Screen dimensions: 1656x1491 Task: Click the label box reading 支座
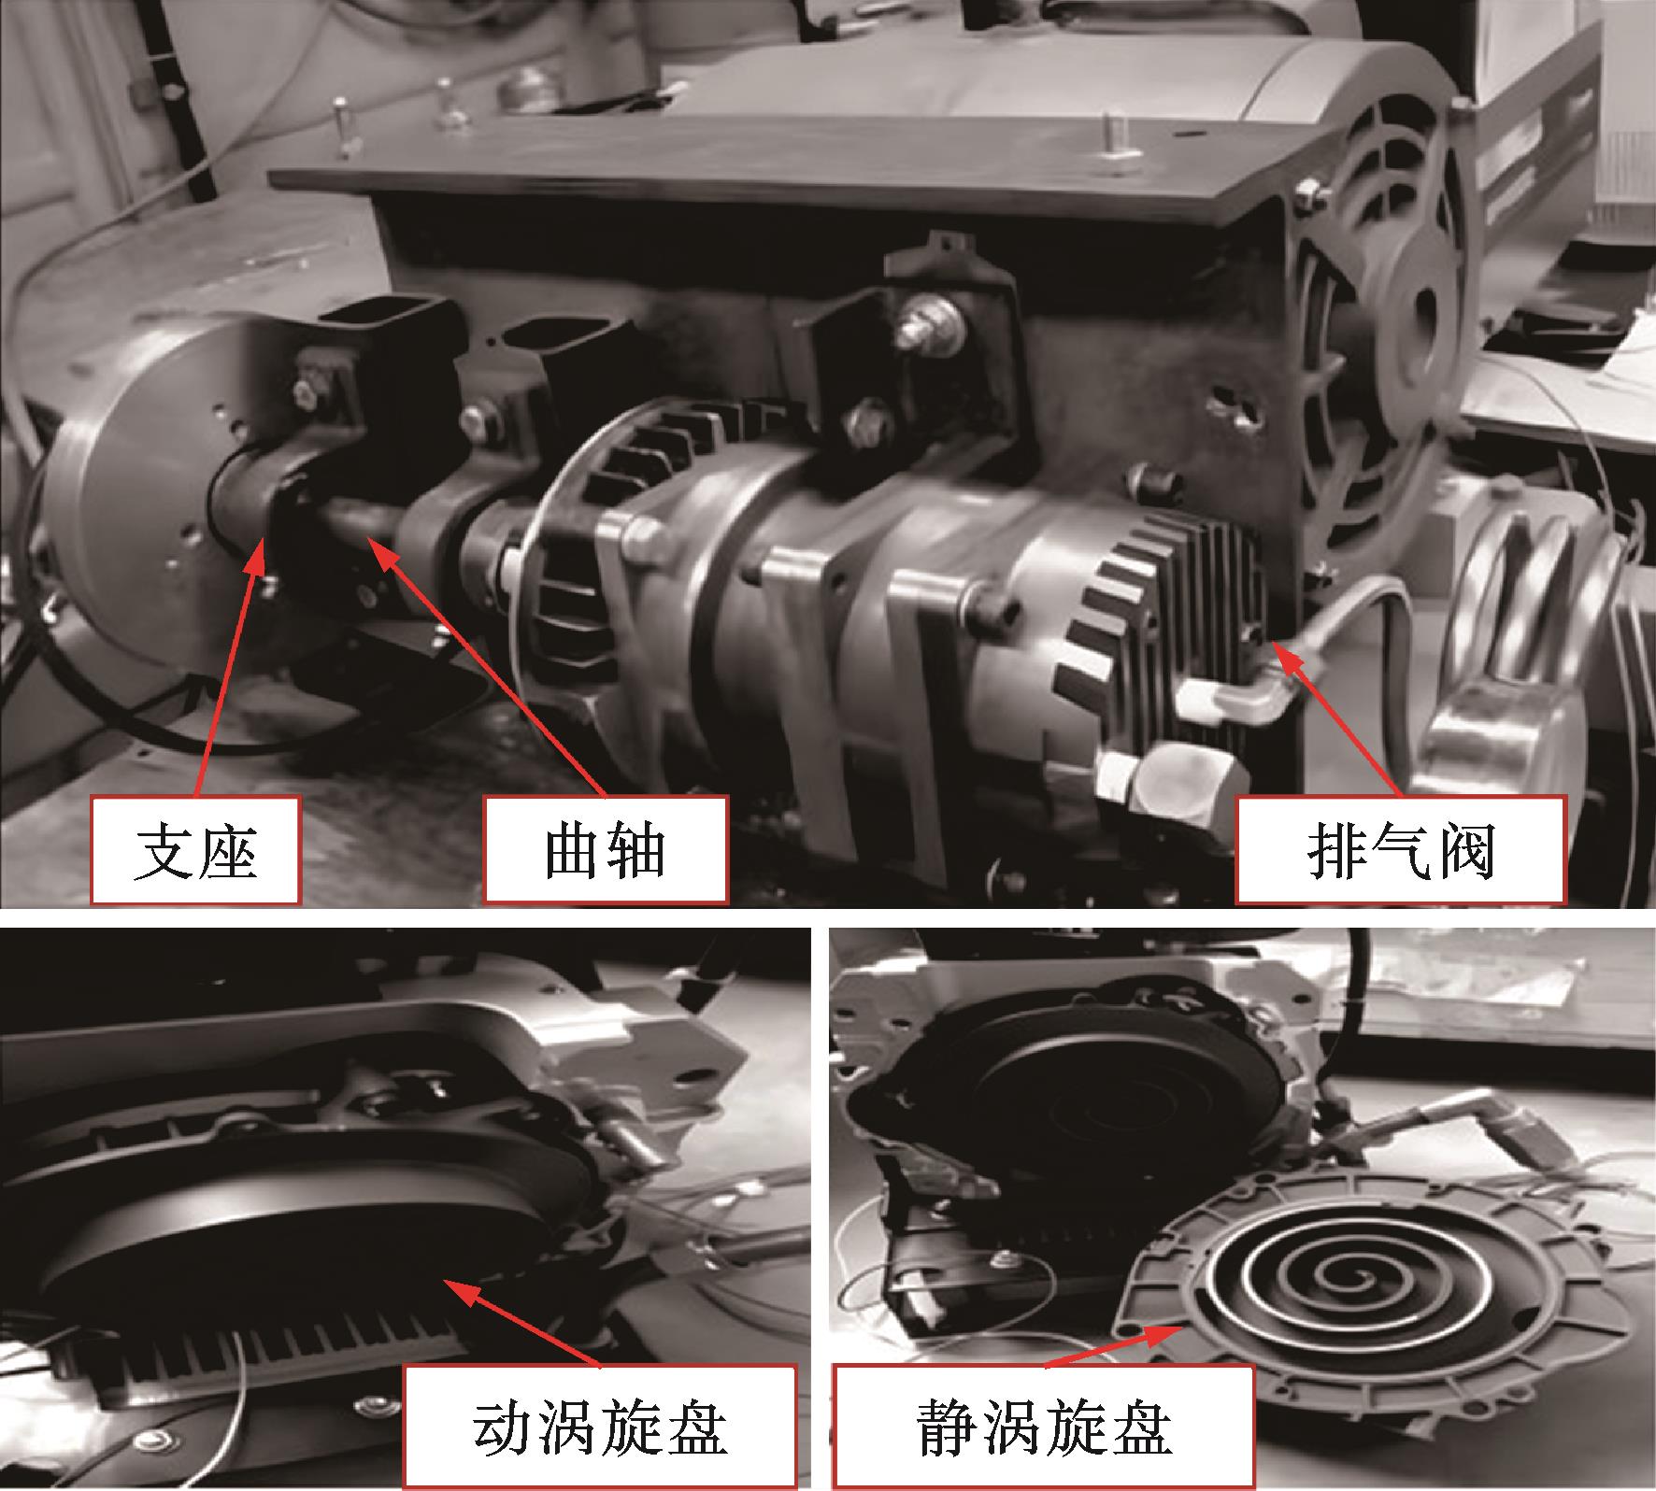tap(194, 850)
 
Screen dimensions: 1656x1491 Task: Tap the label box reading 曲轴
tap(606, 850)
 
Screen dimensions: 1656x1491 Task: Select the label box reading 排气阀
tap(1400, 850)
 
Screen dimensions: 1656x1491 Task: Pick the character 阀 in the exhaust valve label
tap(1463, 851)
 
